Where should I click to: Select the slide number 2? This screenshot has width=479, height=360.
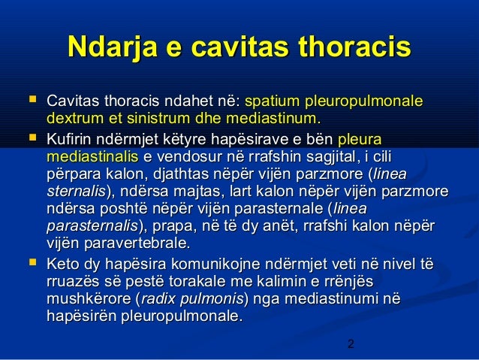pyautogui.click(x=351, y=346)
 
